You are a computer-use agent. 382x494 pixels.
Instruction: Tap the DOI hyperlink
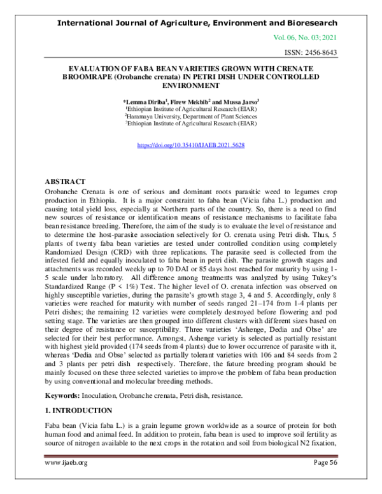tap(191, 146)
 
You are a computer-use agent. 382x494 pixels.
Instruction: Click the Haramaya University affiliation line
tap(190, 116)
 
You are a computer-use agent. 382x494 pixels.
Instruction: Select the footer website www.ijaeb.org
tap(66, 480)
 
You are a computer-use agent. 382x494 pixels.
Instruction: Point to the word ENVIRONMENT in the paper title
tap(191, 85)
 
